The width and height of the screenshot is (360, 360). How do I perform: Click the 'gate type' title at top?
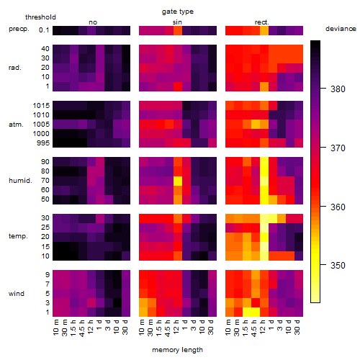pos(178,12)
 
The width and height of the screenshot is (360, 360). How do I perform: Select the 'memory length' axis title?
pos(177,350)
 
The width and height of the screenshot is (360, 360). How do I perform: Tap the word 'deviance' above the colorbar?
pos(341,29)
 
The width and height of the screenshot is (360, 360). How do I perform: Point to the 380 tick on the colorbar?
pos(323,89)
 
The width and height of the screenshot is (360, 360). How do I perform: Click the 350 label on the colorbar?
pos(338,265)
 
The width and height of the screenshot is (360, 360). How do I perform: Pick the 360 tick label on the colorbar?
pos(338,207)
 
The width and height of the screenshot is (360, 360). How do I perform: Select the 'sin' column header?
pos(177,22)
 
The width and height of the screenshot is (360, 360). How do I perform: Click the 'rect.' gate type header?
pos(262,22)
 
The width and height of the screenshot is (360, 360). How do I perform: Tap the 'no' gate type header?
pos(93,22)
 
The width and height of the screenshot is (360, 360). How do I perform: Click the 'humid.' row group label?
pos(20,181)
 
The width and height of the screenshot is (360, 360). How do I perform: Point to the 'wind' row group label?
pos(17,294)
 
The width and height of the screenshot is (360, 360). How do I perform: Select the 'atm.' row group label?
pos(16,125)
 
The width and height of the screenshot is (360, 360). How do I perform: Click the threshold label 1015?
pos(41,105)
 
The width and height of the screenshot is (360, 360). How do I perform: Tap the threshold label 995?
pos(43,143)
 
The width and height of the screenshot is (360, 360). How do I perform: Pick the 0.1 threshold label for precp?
pos(44,30)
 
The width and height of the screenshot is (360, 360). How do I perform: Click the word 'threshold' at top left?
pos(40,17)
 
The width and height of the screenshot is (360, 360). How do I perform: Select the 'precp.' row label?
pos(19,29)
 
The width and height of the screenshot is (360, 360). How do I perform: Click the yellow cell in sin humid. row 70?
pos(178,181)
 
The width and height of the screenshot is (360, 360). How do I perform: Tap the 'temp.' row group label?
pos(18,236)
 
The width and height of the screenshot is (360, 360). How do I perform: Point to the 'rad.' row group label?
pos(15,68)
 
